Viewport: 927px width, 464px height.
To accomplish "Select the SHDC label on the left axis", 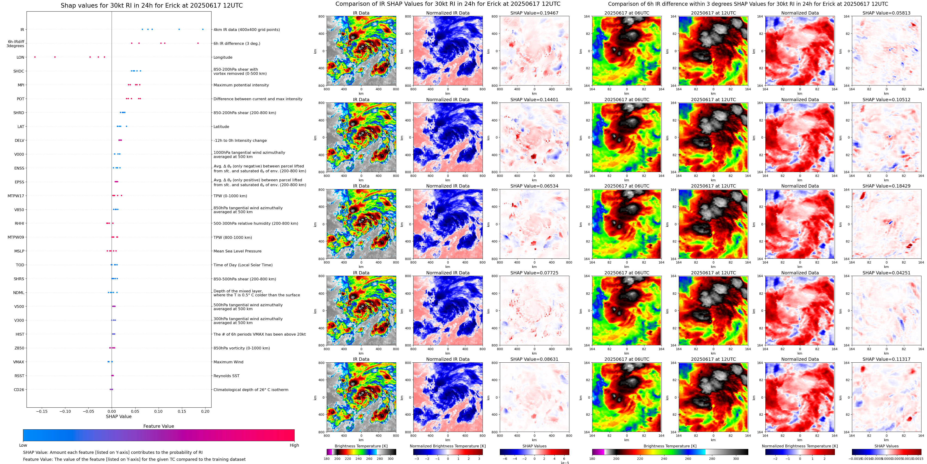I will click(x=19, y=71).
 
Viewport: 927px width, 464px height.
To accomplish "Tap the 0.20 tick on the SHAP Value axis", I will click(x=205, y=411).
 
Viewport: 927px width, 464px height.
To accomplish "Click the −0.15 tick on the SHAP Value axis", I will click(x=42, y=411).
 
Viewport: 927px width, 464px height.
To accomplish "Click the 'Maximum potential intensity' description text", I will click(x=241, y=85).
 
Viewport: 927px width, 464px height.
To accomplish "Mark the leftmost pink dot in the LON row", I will click(x=35, y=57).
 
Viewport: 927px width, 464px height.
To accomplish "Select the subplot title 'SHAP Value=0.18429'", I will click(x=886, y=186).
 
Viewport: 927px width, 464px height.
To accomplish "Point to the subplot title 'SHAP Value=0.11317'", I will click(x=886, y=359).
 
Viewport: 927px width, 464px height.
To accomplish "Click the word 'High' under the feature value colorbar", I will click(x=294, y=445).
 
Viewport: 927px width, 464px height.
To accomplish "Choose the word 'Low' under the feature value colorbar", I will click(x=23, y=445).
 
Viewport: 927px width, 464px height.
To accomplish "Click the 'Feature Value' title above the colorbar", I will click(x=159, y=426).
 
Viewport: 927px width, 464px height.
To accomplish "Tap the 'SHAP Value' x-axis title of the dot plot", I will click(x=119, y=416).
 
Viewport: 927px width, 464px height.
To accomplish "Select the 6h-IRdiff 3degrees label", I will click(x=16, y=44).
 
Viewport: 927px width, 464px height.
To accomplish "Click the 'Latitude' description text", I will click(x=221, y=127).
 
